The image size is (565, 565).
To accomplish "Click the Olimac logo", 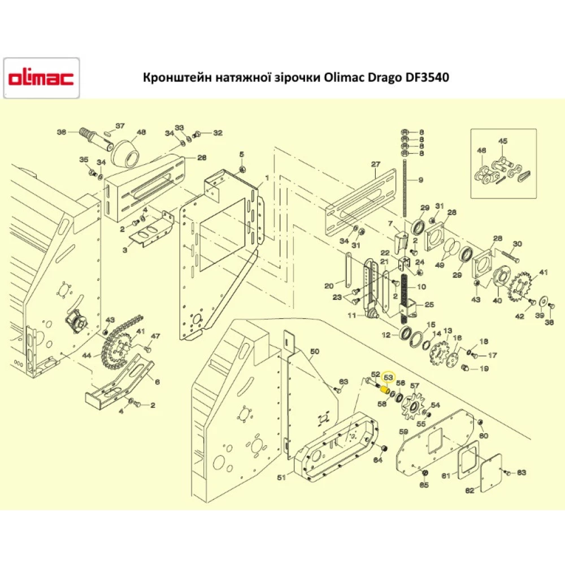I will pos(41,79).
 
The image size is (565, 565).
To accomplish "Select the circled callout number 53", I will pos(388,376).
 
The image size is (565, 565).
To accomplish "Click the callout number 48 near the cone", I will pos(141,132).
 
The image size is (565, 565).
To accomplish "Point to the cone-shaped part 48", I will pos(126,152).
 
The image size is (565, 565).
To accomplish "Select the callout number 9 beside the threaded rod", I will pos(420,180).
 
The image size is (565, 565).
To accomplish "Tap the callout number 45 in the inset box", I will pos(503,141).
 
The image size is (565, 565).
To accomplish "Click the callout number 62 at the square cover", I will pos(470,491).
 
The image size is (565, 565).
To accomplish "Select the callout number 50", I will pos(315,351).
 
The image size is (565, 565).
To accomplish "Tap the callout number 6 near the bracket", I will pos(157,382).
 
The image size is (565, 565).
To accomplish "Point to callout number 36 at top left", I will pos(62,132).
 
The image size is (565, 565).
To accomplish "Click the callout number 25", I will pos(429,305).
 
